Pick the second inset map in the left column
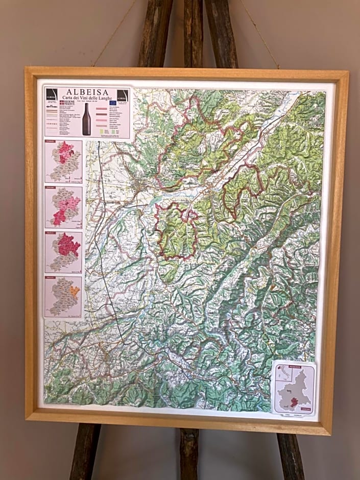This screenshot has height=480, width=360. [63, 207]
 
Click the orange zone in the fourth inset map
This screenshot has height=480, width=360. [75, 291]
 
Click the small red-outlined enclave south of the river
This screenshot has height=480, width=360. [190, 215]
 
